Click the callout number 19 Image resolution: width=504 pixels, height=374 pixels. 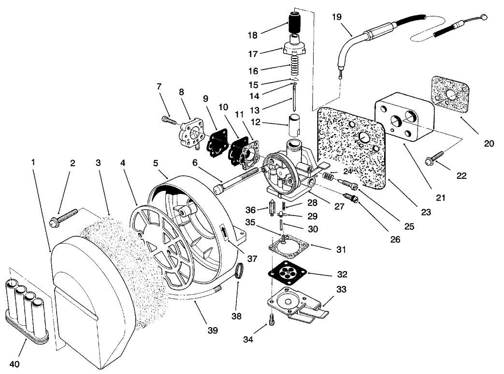coord(336,17)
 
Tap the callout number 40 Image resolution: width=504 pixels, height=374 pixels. coord(14,364)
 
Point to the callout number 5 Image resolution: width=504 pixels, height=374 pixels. coord(155,163)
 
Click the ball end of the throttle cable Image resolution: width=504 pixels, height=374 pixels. coord(485,19)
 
